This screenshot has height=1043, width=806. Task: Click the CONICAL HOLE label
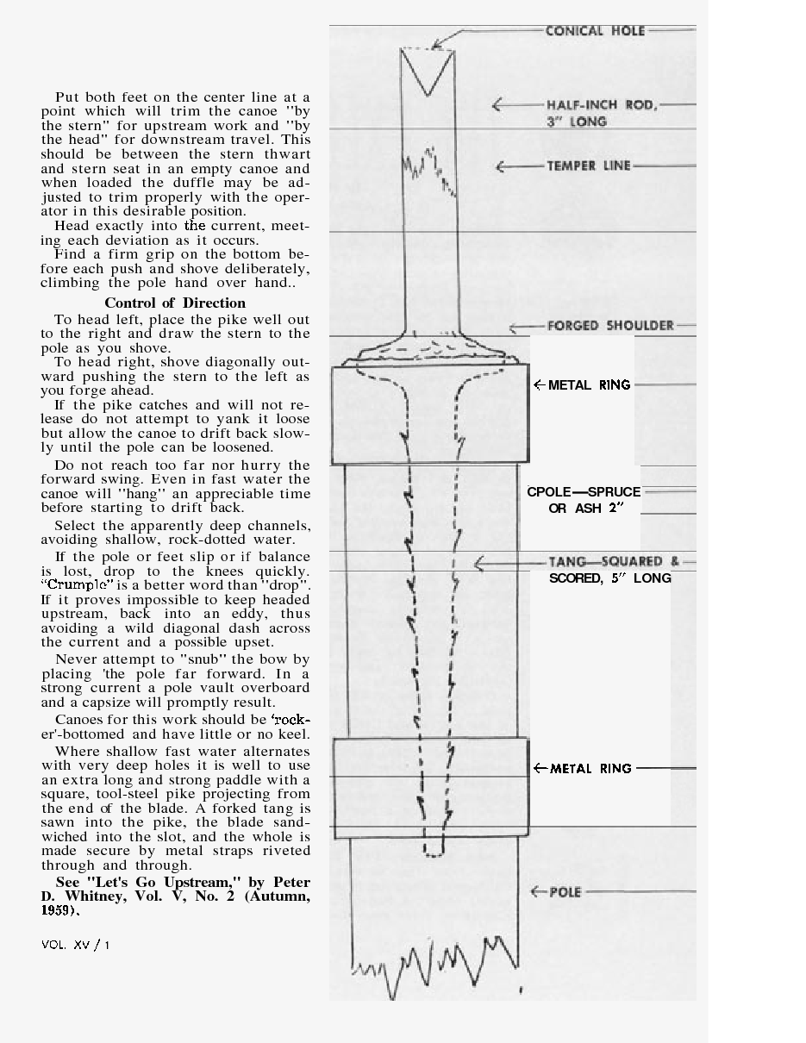coord(595,31)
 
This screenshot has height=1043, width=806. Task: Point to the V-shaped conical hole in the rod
coord(427,73)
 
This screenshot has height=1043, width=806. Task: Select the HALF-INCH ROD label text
coord(601,105)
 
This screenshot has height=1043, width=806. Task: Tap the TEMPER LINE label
coord(589,166)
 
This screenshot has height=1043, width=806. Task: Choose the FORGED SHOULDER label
coord(610,326)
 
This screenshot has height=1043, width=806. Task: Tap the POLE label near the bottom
coord(567,892)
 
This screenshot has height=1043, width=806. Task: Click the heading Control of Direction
coord(175,303)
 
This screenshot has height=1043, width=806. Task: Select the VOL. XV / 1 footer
coord(76,945)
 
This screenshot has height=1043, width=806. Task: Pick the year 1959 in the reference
coord(59,911)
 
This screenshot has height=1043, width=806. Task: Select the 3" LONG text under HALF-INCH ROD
coord(577,122)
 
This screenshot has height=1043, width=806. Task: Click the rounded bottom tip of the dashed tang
coord(433,853)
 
